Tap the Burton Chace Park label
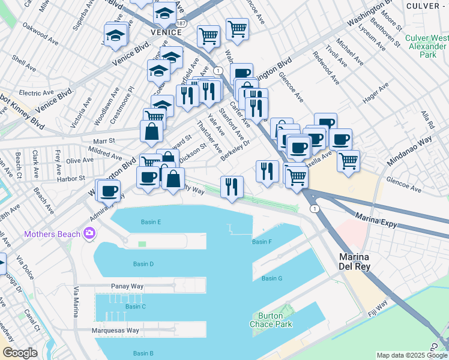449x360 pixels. (x=275, y=320)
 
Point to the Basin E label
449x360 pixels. (x=151, y=222)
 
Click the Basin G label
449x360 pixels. (x=272, y=278)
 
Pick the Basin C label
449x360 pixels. (x=136, y=307)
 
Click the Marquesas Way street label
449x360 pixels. (x=115, y=331)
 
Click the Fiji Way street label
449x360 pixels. (x=377, y=308)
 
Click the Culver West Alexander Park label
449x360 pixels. (x=426, y=46)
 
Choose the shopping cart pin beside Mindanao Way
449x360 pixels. (x=348, y=161)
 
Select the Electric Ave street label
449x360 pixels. (x=37, y=93)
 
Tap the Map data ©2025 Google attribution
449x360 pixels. (x=412, y=355)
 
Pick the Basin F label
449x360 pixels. (x=262, y=242)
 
